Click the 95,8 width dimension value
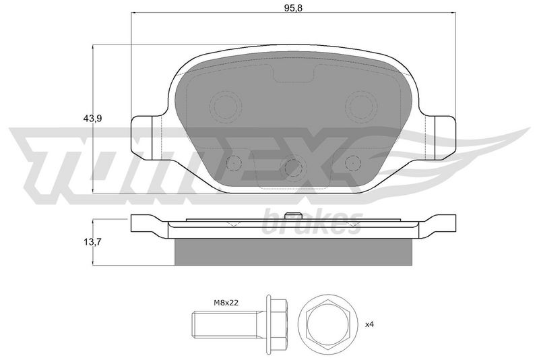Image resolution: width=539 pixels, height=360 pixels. point(293,8)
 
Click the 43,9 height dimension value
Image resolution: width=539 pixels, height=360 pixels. point(92,118)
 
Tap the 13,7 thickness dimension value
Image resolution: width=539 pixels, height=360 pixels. point(92,242)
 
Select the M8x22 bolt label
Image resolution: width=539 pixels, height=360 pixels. point(226,303)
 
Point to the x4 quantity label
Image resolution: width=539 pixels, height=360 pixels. point(369,324)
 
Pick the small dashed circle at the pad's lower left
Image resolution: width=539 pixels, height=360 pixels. point(234,163)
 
